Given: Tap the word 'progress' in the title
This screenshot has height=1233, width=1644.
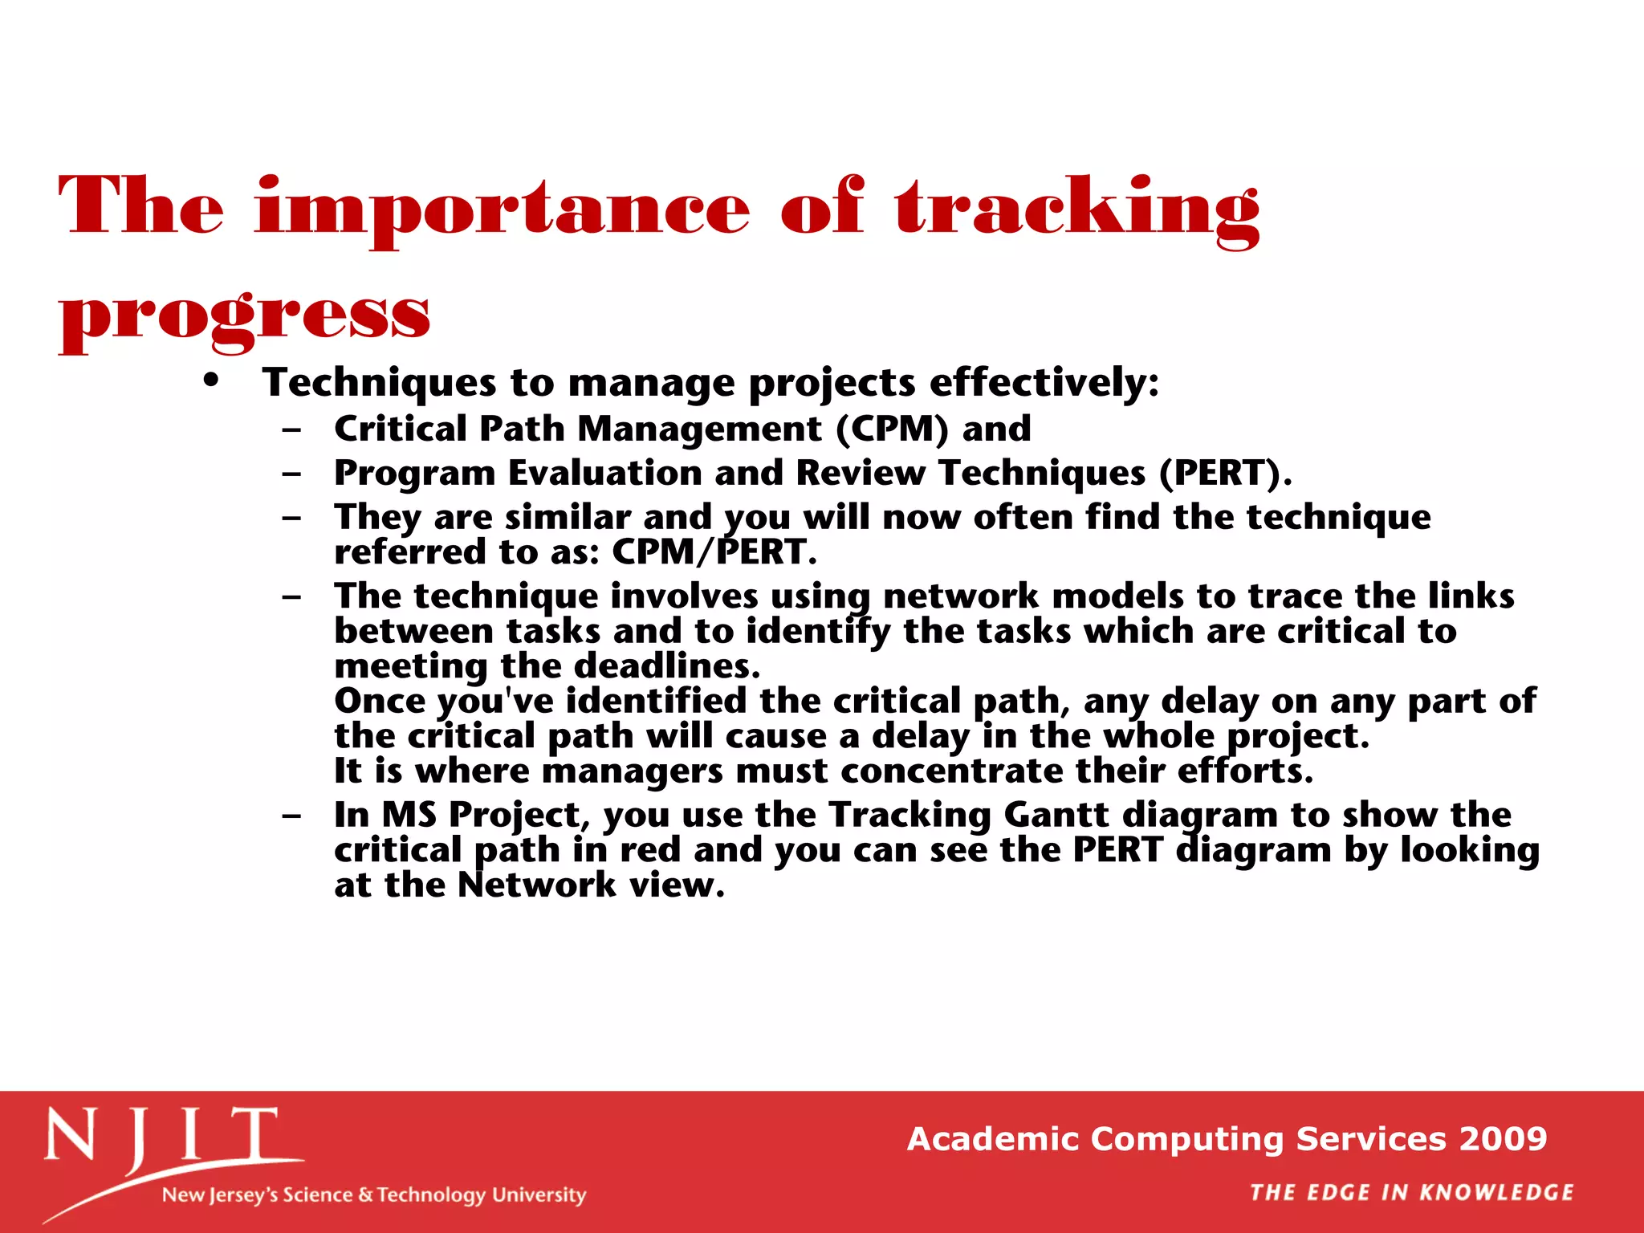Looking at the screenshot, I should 245,316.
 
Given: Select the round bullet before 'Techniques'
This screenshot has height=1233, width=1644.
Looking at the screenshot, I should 211,380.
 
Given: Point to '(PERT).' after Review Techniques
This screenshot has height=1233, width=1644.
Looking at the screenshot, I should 1225,473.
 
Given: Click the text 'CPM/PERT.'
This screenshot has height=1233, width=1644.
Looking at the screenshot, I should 714,552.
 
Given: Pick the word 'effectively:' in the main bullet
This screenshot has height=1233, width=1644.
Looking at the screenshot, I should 1044,382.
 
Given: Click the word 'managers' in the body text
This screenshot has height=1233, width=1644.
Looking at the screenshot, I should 633,771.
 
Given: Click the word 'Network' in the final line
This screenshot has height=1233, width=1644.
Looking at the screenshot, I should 536,885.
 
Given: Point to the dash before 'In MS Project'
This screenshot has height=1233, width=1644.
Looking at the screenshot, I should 292,816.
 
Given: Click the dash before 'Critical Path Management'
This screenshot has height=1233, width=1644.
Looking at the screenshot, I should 292,430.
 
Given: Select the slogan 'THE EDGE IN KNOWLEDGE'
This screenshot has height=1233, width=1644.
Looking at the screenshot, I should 1411,1193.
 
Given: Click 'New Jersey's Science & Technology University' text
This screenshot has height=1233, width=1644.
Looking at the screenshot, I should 374,1194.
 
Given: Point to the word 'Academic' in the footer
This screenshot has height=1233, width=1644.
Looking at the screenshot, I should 992,1139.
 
